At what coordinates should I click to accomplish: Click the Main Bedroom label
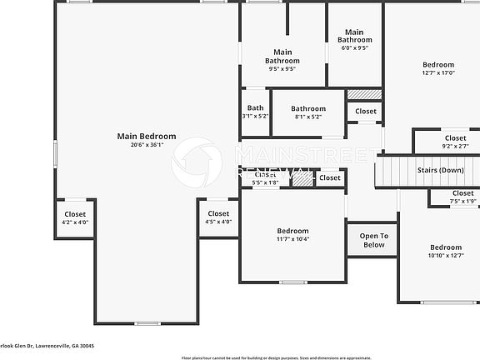pyautogui.click(x=147, y=136)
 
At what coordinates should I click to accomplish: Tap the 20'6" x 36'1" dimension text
pyautogui.click(x=147, y=145)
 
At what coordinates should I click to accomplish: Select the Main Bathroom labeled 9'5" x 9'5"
pyautogui.click(x=282, y=57)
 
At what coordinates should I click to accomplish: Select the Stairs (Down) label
pyautogui.click(x=440, y=170)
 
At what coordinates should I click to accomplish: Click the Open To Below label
pyautogui.click(x=373, y=240)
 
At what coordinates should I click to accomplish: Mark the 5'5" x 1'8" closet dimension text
pyautogui.click(x=265, y=181)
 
